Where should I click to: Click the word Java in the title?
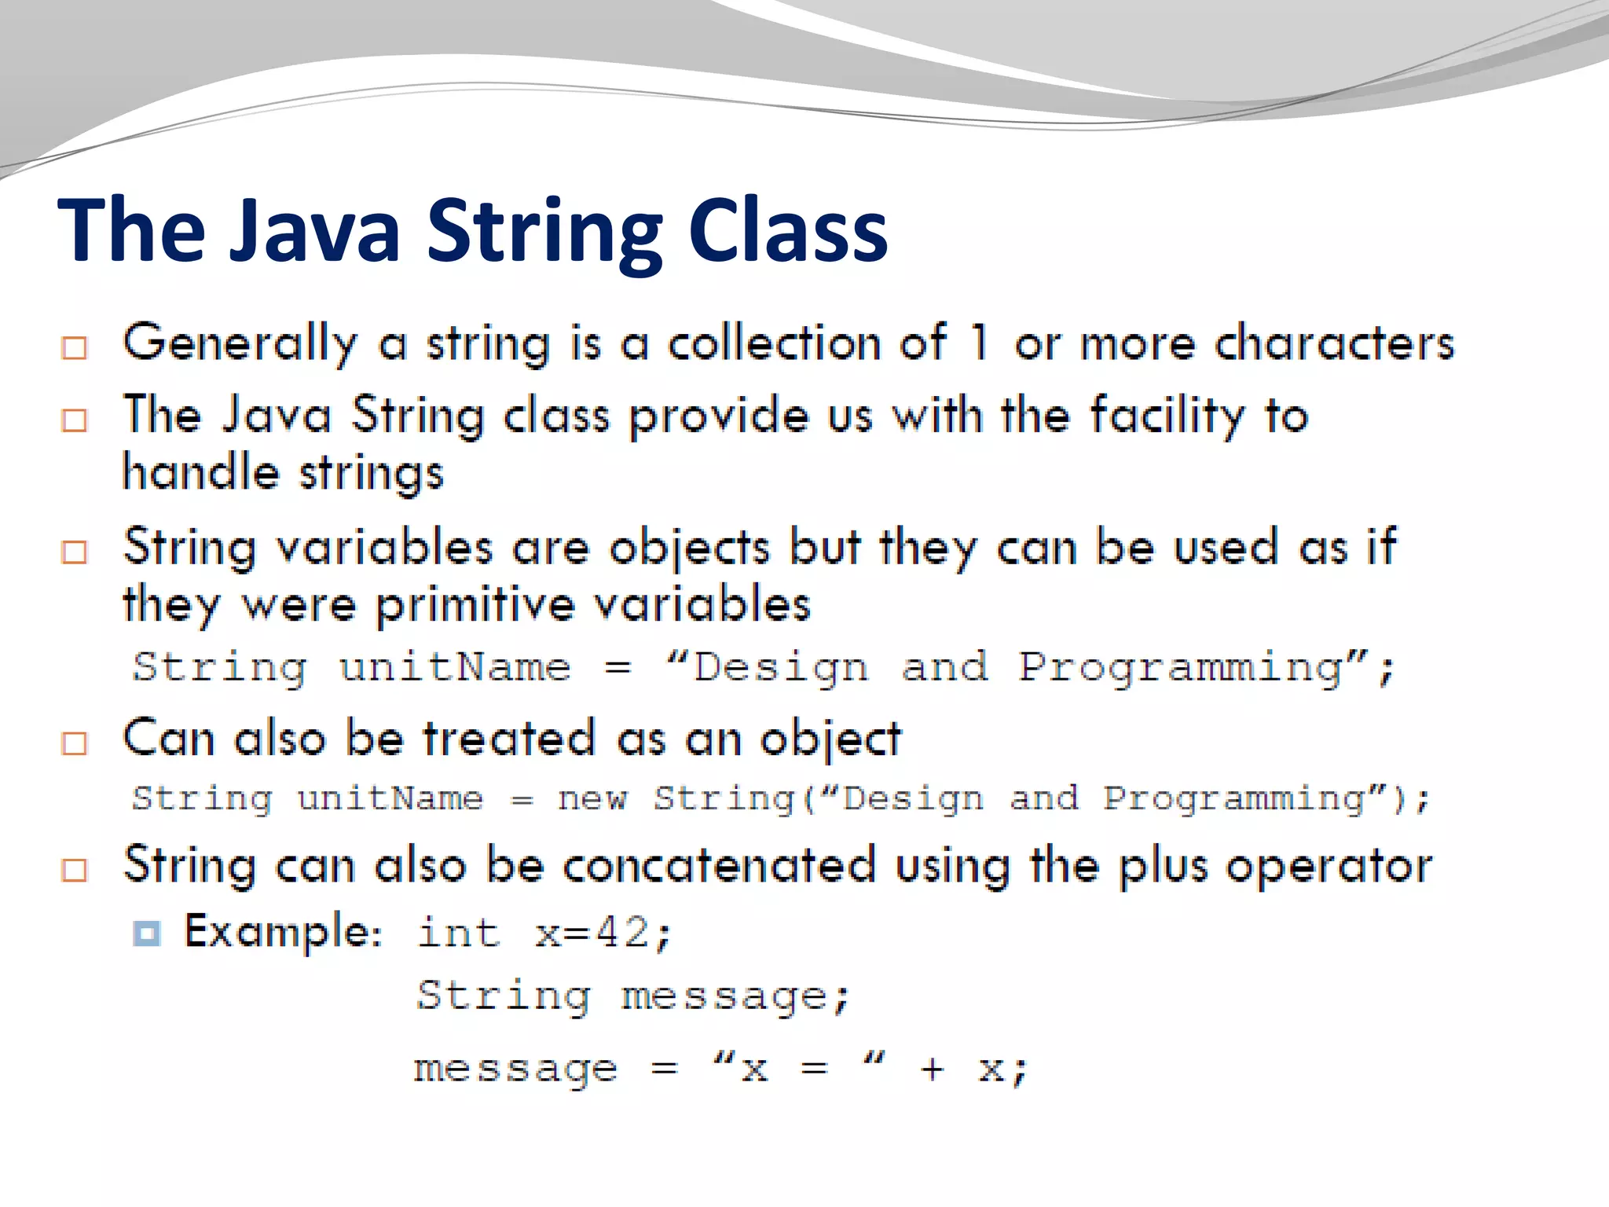pos(314,231)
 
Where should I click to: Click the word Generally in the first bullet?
pos(240,344)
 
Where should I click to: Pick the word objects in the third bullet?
pos(689,548)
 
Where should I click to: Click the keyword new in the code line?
pos(592,799)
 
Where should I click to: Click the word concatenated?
pos(719,866)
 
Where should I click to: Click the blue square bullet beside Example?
pos(147,934)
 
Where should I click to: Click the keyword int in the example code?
pos(458,934)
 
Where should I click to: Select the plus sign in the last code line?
pos(932,1069)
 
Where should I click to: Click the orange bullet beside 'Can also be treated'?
pos(75,743)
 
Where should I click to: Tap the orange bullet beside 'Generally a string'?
pos(75,347)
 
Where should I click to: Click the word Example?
pos(281,932)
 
